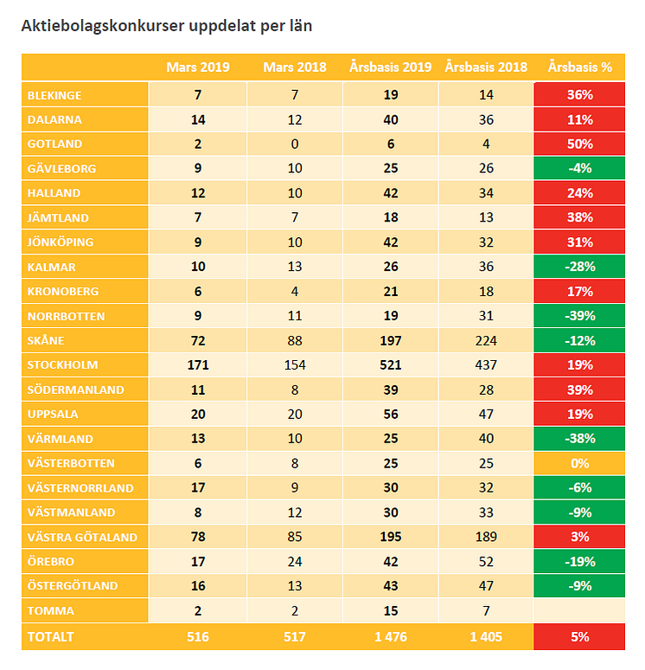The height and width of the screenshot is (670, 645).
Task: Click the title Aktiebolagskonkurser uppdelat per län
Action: pos(166,26)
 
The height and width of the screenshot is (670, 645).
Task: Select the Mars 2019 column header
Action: pos(197,67)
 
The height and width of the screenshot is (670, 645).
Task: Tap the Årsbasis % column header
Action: pos(579,67)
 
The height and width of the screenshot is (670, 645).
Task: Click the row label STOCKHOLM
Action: pos(63,364)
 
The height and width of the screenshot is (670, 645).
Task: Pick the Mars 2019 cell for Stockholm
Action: pos(197,364)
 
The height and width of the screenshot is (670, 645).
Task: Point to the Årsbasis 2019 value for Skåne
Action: pos(390,340)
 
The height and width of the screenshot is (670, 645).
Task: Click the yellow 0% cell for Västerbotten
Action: pos(579,463)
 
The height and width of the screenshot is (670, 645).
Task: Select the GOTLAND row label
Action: pos(54,144)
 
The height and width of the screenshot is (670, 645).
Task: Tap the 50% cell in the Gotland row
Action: pos(579,144)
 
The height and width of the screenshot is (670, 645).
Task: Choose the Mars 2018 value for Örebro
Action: pos(294,561)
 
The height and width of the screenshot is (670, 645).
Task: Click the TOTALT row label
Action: pos(52,637)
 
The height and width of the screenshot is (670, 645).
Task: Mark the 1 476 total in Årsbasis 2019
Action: pos(390,637)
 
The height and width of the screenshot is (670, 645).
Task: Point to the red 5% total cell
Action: pos(579,637)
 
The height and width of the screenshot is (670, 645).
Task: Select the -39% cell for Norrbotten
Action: pos(579,316)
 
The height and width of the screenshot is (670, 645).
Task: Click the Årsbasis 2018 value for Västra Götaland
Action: pos(485,537)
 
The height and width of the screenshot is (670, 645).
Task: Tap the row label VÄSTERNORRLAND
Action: pos(80,487)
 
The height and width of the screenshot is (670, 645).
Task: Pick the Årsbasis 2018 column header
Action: pos(485,67)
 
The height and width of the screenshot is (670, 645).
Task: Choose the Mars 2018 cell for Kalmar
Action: pos(294,267)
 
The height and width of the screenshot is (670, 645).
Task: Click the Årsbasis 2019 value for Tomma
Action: pos(390,610)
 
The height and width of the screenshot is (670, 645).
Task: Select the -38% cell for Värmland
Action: pos(579,438)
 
